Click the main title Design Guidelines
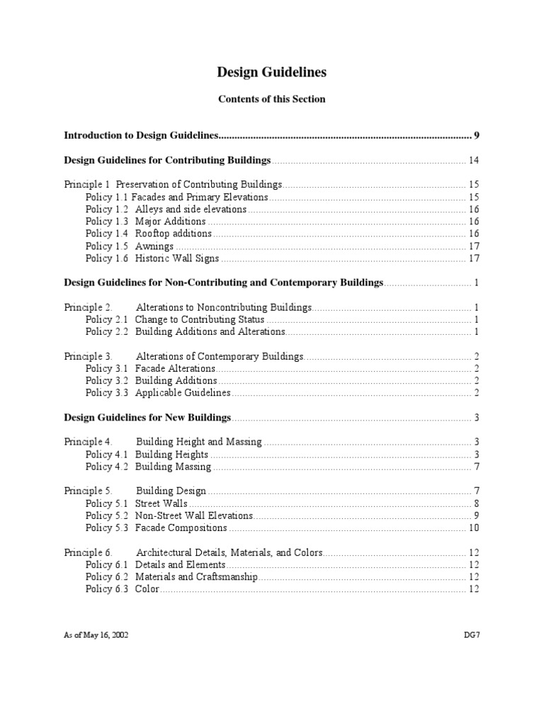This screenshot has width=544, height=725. click(271, 72)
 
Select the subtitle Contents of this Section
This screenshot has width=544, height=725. click(271, 99)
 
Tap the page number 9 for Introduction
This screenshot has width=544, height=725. click(477, 135)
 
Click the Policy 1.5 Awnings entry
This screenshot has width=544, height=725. click(130, 246)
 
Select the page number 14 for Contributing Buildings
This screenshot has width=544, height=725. click(474, 159)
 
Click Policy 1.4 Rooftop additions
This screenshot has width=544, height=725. click(148, 234)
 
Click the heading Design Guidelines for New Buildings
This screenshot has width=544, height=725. click(147, 417)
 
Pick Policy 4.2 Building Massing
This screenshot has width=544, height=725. click(148, 467)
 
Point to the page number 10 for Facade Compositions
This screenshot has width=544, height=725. click(474, 527)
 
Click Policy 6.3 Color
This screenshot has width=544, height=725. click(122, 589)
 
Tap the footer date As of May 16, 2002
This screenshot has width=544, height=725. click(96, 635)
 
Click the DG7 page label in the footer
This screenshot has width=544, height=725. click(471, 635)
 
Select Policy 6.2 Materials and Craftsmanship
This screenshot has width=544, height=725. click(171, 577)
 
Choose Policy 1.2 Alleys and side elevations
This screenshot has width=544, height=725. click(166, 210)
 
